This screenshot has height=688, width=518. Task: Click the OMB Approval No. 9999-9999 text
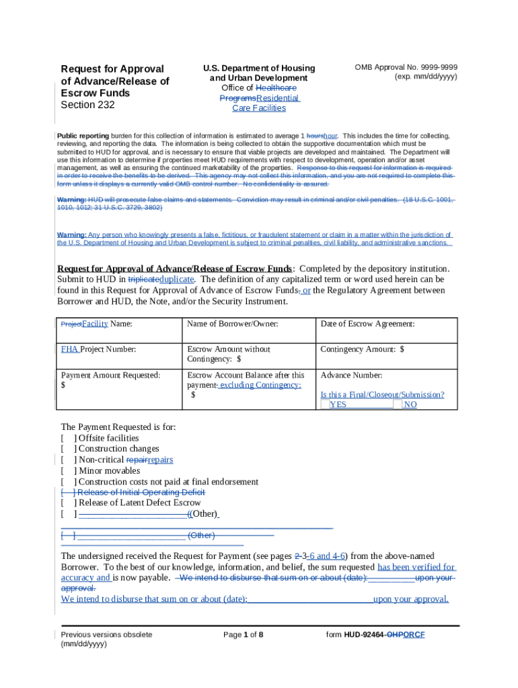(406, 67)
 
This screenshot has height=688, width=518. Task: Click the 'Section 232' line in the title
(87, 105)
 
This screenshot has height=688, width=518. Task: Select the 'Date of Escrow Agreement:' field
(367, 324)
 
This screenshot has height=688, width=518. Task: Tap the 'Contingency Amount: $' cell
(362, 349)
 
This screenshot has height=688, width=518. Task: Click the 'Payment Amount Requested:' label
(110, 375)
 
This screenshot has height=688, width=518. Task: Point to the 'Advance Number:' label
(351, 375)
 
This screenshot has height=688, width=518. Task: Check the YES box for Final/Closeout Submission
(326, 405)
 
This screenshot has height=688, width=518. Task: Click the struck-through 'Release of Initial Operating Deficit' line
(140, 492)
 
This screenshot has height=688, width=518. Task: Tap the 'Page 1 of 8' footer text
(243, 635)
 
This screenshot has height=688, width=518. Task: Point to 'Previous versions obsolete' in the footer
(106, 635)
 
